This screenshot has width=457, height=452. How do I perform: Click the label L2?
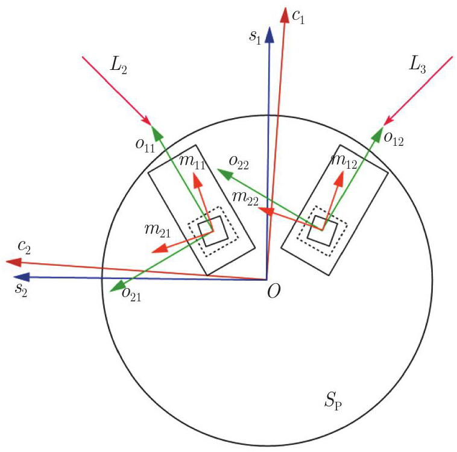[119, 66]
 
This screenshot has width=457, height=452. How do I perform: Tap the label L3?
[418, 67]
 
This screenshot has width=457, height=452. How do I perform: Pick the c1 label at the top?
[298, 17]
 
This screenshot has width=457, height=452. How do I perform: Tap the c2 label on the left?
[25, 246]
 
